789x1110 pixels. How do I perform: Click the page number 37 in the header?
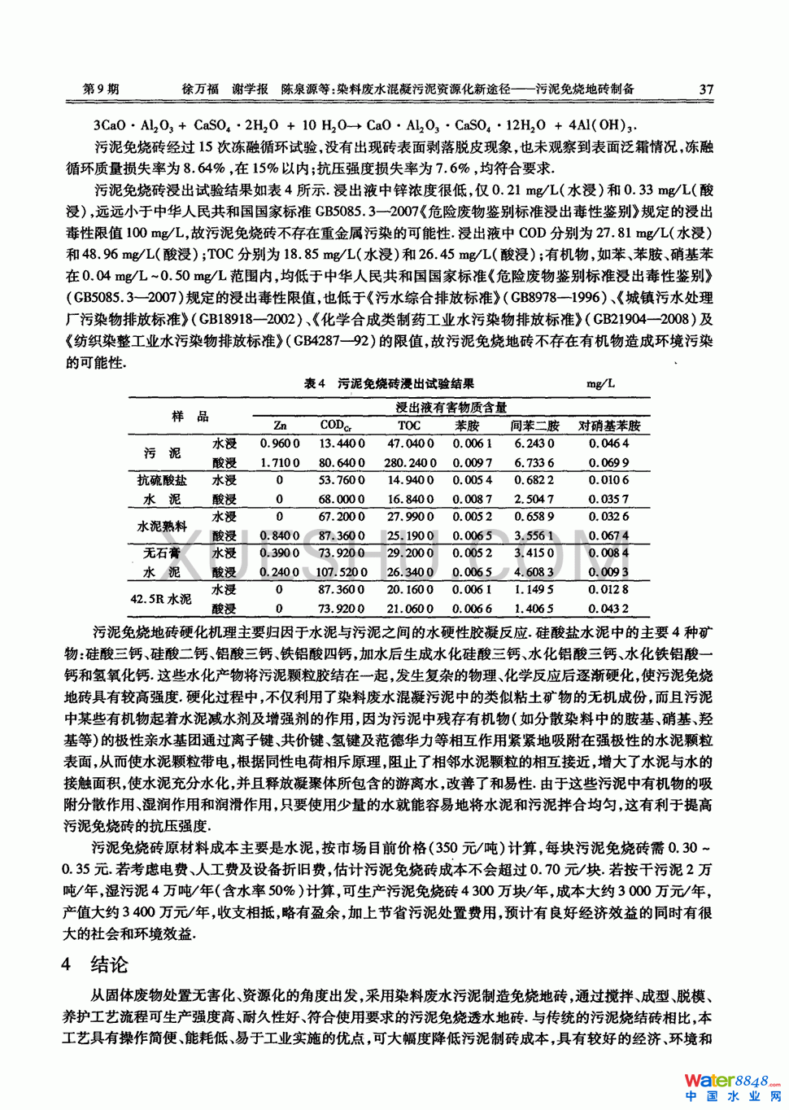tap(705, 90)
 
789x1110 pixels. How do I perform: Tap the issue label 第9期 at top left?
tap(101, 90)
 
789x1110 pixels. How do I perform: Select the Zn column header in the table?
tap(280, 425)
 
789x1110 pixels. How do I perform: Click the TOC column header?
tap(409, 425)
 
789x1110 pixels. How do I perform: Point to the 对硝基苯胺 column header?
tap(609, 425)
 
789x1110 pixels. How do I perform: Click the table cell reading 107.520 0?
tap(341, 572)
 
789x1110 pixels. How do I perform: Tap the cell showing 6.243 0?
tap(534, 444)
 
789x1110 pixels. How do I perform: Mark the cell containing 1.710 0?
tap(280, 462)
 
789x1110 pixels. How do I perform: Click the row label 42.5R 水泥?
tap(161, 599)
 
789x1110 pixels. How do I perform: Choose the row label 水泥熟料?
tap(162, 527)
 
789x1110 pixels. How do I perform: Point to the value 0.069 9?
tap(609, 462)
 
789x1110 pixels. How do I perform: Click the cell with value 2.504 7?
tap(534, 499)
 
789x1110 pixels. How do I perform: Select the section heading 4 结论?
tap(95, 965)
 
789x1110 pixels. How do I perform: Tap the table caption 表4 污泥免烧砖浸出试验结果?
tap(389, 383)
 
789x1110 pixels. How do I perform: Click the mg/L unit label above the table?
tap(600, 383)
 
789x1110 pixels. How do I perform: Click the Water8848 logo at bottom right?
tap(732, 1086)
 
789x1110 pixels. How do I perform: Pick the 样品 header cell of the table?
tap(190, 416)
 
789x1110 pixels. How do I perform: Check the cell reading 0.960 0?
tap(280, 444)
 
